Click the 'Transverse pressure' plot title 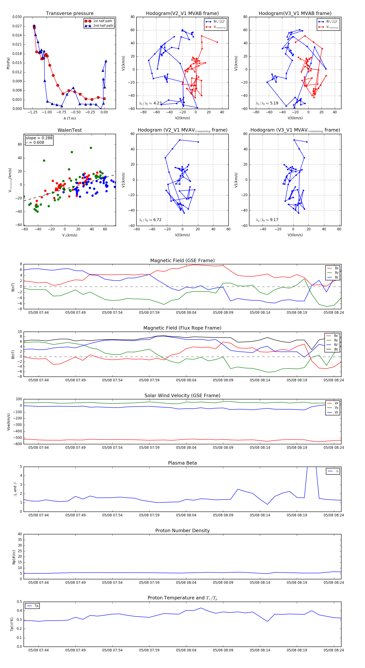(x=70, y=14)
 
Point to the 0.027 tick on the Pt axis (x=17, y=26)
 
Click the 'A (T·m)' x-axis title (x=70, y=118)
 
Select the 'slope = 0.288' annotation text (x=39, y=138)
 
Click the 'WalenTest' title (x=70, y=130)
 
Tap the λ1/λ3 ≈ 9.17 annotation (x=267, y=220)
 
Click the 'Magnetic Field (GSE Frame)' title (x=182, y=261)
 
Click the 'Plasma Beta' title (x=182, y=463)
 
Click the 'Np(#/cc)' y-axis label (x=14, y=557)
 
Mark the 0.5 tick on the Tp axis (x=19, y=602)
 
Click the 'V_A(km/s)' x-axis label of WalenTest (x=70, y=235)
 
